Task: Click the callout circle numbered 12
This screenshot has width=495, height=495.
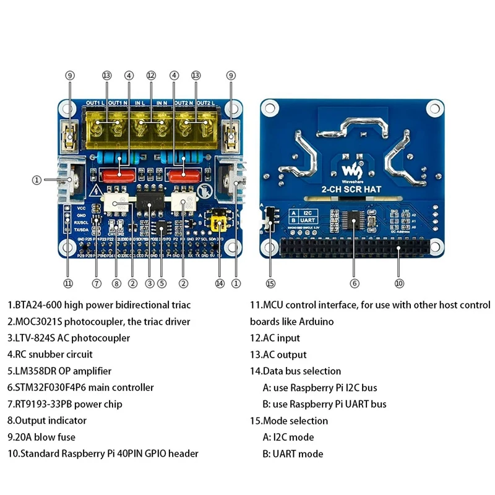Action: tap(150, 75)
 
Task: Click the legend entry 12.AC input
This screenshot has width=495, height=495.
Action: tap(275, 338)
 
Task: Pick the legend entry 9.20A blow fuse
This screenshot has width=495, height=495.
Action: tap(47, 437)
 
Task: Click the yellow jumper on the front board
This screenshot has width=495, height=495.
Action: tap(217, 222)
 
